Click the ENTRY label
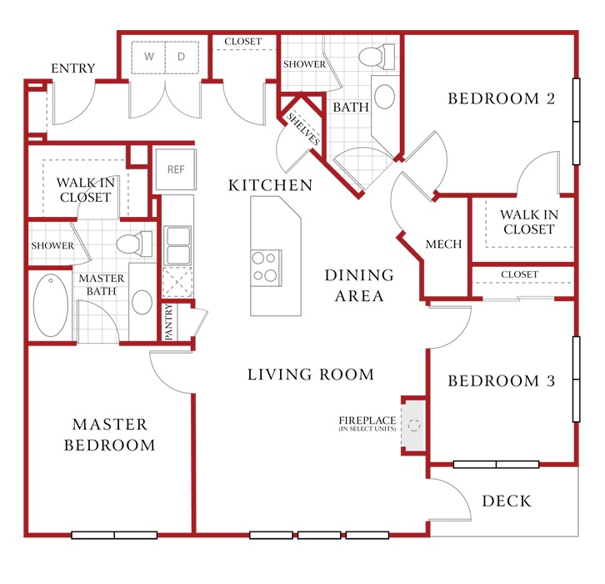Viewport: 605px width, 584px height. coord(73,68)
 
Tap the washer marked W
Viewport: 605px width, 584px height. coord(148,58)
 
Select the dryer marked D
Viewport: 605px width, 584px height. coord(182,58)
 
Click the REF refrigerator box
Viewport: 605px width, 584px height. coord(176,169)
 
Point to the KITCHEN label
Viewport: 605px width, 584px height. coord(271,185)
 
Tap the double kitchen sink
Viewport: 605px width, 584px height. coord(177,245)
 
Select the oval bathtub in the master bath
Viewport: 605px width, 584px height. coord(51,305)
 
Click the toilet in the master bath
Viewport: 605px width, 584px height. coord(134,244)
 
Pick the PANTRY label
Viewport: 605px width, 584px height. coord(168,322)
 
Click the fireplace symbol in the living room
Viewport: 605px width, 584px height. coord(413,425)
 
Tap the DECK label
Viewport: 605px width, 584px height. coord(507,501)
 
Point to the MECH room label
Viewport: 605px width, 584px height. coord(443,244)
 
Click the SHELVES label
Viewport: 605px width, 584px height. coord(303,129)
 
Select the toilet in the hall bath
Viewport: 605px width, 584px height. coord(377,57)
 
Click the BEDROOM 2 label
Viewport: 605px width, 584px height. coord(502,98)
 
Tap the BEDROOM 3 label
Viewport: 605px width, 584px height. coord(502,380)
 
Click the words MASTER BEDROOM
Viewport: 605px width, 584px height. coord(110,435)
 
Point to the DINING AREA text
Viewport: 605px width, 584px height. coord(360,285)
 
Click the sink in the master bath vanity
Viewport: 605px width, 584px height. coord(142,302)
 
